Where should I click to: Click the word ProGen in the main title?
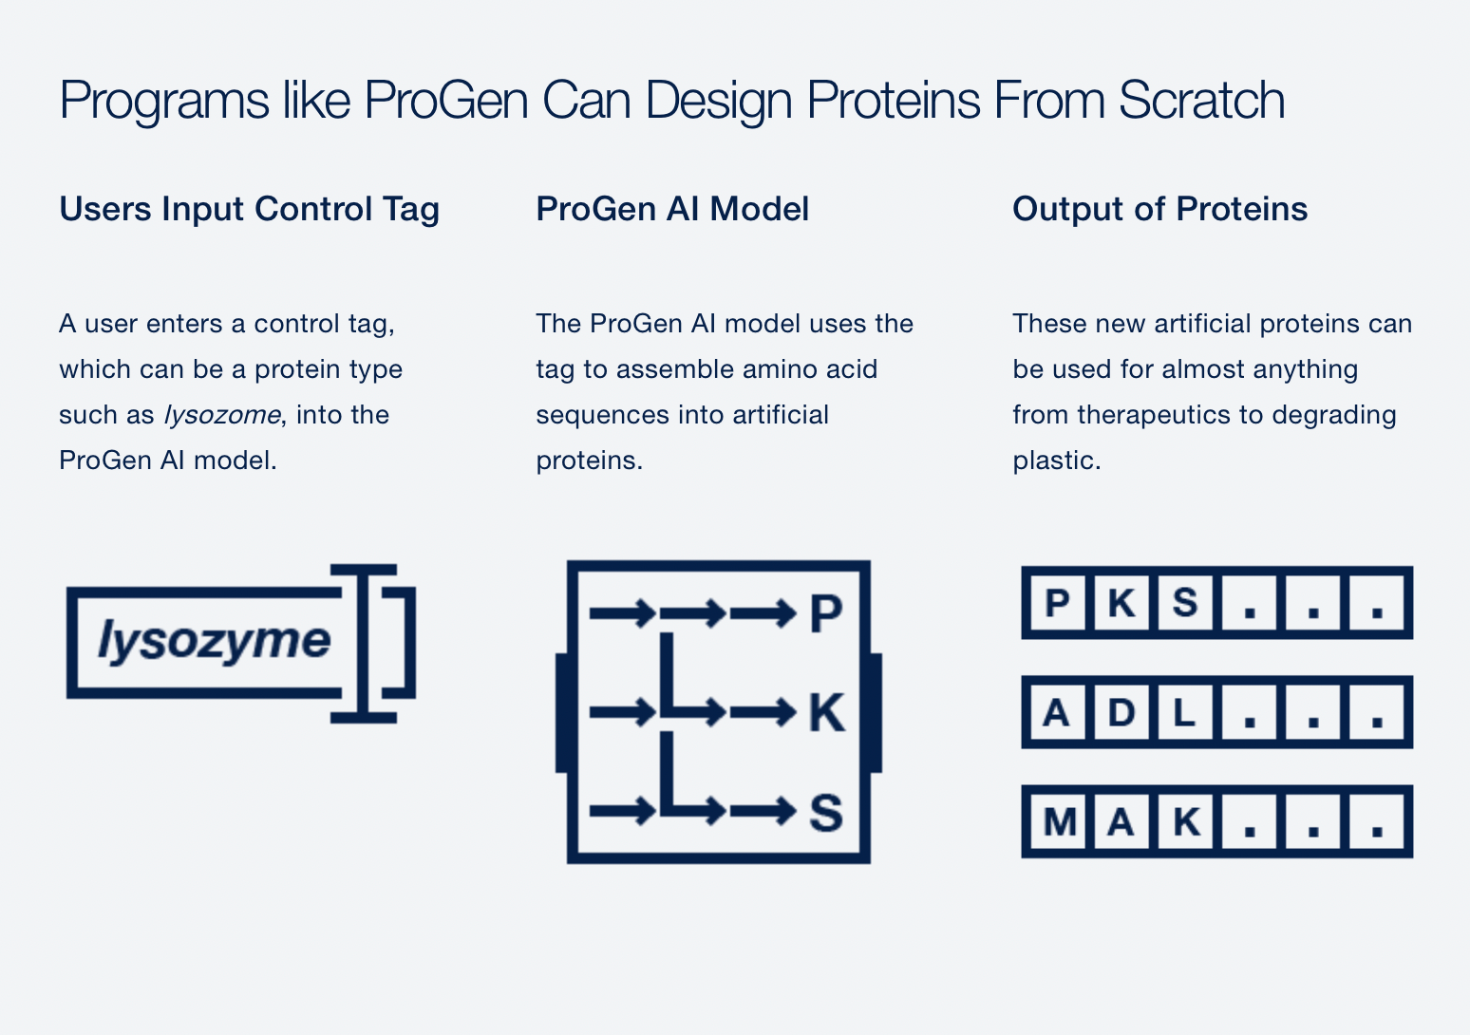click(446, 100)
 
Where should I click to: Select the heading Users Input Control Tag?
click(250, 210)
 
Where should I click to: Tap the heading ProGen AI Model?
click(672, 209)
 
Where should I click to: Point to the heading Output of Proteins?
click(1160, 209)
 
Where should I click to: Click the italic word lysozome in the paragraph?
click(222, 416)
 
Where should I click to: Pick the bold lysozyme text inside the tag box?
click(214, 641)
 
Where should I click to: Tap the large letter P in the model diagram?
click(826, 613)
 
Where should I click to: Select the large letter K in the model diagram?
click(827, 712)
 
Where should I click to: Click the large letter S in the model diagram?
click(826, 813)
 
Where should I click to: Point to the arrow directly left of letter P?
click(763, 613)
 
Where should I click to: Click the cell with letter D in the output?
click(1121, 713)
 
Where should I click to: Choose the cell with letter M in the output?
click(1058, 821)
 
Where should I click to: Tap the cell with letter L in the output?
click(1184, 713)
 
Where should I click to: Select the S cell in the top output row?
click(1184, 603)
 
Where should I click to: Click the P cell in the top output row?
click(1058, 603)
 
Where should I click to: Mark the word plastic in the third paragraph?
click(1057, 461)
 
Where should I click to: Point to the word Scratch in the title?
click(1201, 100)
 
